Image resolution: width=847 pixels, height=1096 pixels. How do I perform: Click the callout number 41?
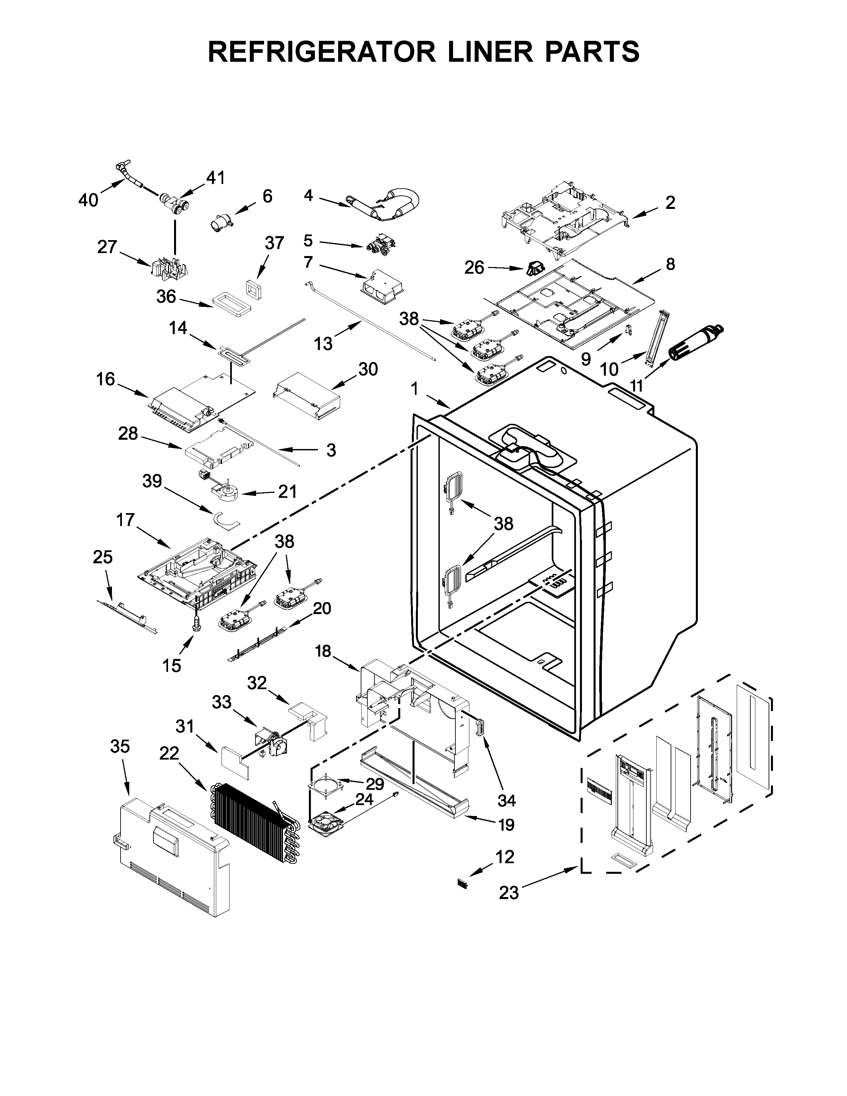tap(216, 178)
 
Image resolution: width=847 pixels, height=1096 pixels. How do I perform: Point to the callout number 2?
tap(670, 203)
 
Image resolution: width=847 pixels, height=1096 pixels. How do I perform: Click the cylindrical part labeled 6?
tap(221, 221)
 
